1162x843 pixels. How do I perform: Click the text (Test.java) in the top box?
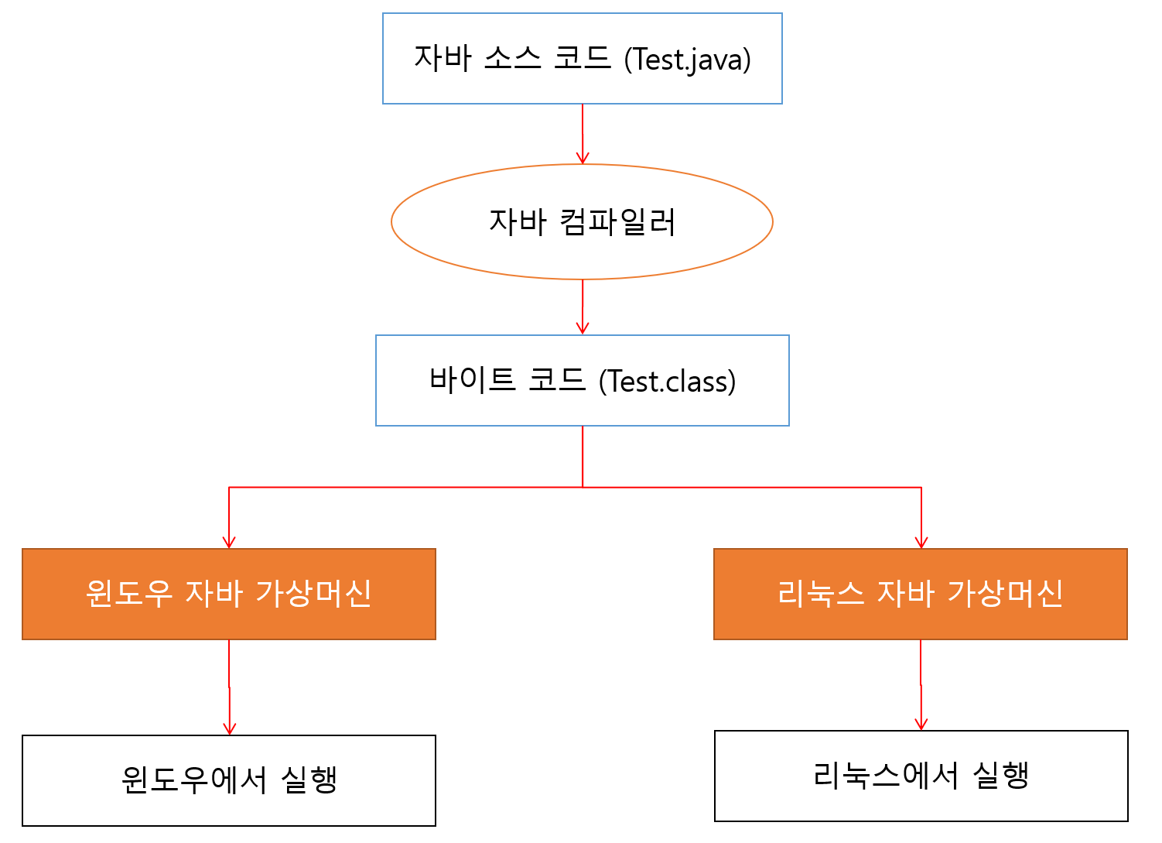pos(688,60)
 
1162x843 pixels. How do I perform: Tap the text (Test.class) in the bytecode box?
pos(668,382)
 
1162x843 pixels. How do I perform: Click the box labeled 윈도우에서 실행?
pos(229,780)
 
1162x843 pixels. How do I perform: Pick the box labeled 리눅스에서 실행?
pos(921,776)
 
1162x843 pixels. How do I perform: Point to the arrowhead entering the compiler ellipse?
pos(583,159)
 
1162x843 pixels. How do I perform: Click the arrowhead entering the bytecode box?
pos(583,329)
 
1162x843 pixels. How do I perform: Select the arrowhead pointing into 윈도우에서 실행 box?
pos(229,729)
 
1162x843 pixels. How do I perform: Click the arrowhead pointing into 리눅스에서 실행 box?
pos(921,725)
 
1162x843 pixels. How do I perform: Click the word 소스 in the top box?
pos(512,58)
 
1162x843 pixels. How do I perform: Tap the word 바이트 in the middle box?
pos(472,379)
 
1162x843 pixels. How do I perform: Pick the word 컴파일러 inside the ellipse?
pos(617,222)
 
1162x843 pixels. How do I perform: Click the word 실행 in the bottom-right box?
pos(1000,775)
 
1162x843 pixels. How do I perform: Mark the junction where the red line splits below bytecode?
pos(583,487)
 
